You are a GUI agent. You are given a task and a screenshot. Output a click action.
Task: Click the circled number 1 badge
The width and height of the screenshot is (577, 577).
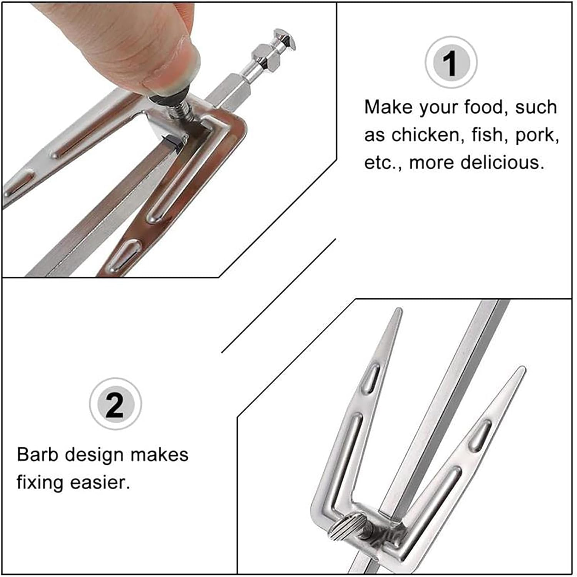451,63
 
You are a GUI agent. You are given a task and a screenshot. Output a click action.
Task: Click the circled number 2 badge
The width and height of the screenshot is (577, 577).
115,404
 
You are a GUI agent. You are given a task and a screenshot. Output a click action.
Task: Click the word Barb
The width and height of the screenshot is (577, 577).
38,455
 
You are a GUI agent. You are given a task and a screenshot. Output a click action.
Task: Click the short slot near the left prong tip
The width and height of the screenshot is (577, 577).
372,378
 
